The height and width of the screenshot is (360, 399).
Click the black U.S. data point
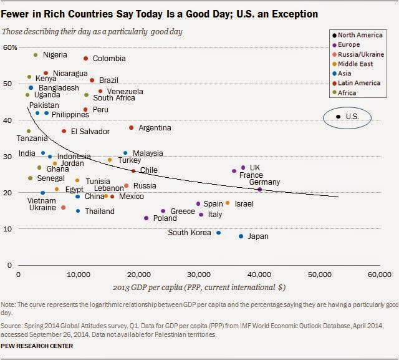point(338,116)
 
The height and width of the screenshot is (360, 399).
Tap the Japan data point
point(241,236)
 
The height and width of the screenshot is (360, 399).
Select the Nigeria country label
point(55,55)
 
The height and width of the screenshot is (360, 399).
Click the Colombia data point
point(86,58)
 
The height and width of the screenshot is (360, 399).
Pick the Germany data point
point(260,189)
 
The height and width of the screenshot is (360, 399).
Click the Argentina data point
point(131,127)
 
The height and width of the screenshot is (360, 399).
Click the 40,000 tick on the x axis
point(259,275)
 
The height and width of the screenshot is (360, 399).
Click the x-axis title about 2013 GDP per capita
point(199,289)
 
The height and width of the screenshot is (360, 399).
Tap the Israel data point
point(227,203)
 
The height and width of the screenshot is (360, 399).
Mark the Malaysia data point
point(125,153)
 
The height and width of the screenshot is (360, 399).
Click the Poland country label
point(165,218)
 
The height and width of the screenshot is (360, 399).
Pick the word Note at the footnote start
point(10,303)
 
